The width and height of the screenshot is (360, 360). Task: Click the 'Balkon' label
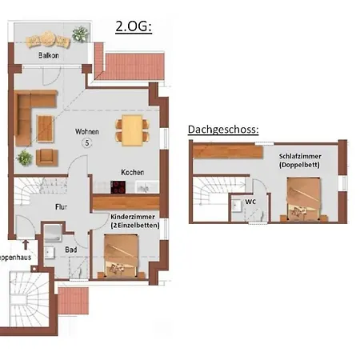(x=50, y=57)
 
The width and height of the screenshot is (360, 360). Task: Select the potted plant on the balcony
(x=80, y=34)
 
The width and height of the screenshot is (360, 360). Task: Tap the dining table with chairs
(x=130, y=129)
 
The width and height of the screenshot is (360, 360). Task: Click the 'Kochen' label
(x=132, y=172)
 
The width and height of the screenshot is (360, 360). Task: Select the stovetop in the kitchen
(x=118, y=187)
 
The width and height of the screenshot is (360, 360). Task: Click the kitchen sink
(x=143, y=187)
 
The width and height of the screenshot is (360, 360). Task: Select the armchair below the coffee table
(x=47, y=156)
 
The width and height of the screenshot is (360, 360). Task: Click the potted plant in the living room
(x=25, y=157)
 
